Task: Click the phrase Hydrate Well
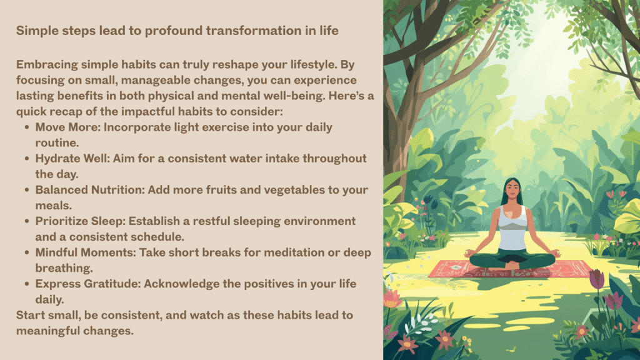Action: pyautogui.click(x=72, y=158)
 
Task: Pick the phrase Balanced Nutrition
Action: pyautogui.click(x=90, y=190)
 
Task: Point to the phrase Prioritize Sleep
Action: pyautogui.click(x=80, y=221)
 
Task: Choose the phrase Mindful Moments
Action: pyautogui.click(x=85, y=252)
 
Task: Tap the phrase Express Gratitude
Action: pyautogui.click(x=87, y=284)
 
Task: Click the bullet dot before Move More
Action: pyautogui.click(x=27, y=127)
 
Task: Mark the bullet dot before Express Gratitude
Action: pyautogui.click(x=27, y=284)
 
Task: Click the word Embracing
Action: pyautogui.click(x=47, y=65)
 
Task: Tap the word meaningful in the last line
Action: pyautogui.click(x=44, y=331)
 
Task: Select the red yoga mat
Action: pyautogui.click(x=510, y=269)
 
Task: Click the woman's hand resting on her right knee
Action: pyautogui.click(x=469, y=254)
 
